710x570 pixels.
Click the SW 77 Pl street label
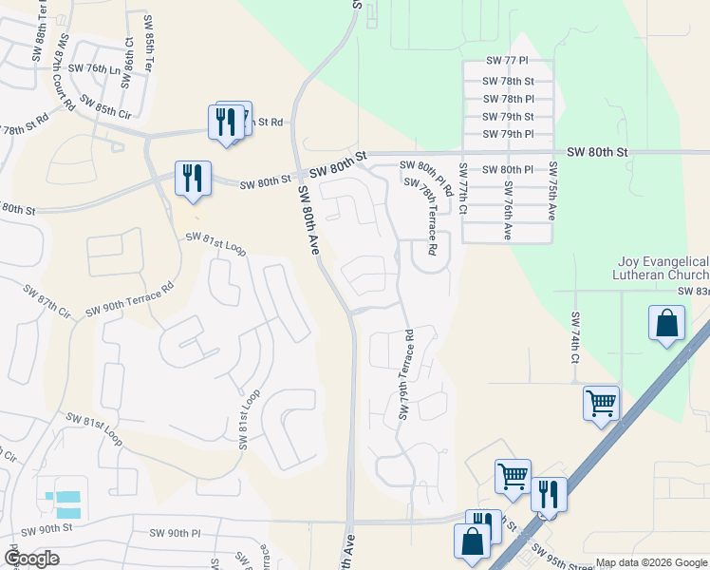point(506,61)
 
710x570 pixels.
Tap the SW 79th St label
point(509,117)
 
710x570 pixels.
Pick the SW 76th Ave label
point(509,209)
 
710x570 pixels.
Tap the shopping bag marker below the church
point(667,323)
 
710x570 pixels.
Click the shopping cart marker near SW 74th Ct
point(601,403)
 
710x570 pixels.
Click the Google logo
point(31,559)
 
